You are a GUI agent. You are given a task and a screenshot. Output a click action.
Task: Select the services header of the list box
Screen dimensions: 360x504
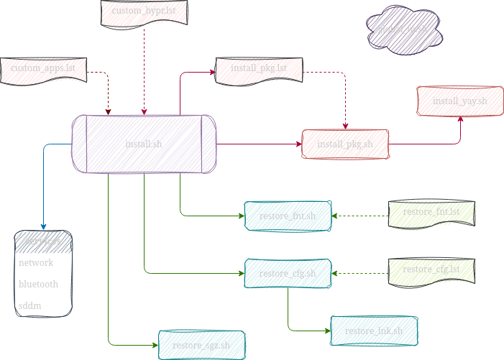43,241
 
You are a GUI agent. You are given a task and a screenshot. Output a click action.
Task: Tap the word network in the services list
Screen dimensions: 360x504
36,263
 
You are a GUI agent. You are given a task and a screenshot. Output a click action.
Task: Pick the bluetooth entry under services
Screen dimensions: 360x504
38,285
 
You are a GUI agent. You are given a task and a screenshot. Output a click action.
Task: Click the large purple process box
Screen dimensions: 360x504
144,144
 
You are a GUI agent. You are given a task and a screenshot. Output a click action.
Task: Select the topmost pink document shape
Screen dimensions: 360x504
145,12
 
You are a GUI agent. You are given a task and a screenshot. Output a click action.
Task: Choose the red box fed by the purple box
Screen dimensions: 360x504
345,144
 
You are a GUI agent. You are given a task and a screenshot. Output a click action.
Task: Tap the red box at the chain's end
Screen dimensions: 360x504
460,101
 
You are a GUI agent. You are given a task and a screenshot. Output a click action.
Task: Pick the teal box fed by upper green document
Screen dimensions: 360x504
288,216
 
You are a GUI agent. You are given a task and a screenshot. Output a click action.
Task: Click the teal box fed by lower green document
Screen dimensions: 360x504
288,273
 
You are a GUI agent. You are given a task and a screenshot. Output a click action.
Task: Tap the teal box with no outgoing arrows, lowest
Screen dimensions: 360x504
201,345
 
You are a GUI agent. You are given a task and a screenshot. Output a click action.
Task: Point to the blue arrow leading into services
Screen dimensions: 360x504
45,187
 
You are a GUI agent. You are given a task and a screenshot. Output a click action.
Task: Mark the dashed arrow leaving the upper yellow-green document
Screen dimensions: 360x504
359,216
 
